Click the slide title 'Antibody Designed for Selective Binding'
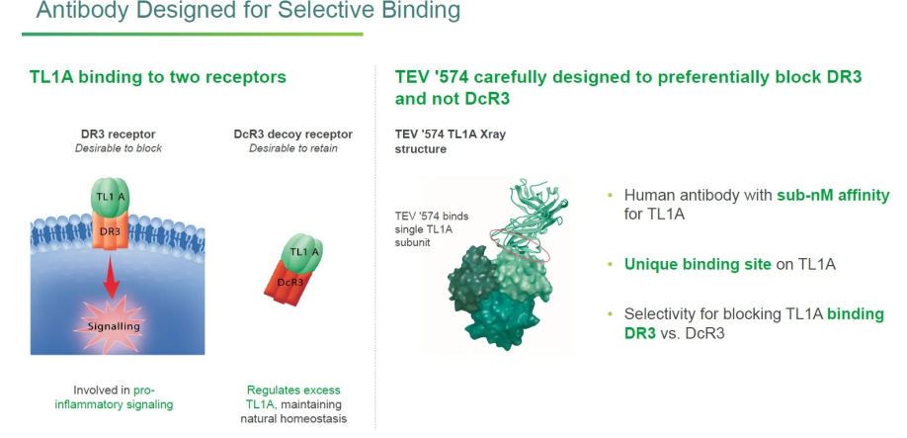248,10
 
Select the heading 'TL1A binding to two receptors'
158,77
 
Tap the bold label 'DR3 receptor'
118,134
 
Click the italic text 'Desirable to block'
118,148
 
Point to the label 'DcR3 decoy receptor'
293,134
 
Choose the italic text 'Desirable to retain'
293,148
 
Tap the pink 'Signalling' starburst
113,325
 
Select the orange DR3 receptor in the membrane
110,230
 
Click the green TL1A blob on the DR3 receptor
110,196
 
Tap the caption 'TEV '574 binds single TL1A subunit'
432,229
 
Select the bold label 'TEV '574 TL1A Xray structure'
450,141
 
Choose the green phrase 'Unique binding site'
698,265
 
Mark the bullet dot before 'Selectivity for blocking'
611,314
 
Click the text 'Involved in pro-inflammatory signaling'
114,397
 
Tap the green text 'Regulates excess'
293,391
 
